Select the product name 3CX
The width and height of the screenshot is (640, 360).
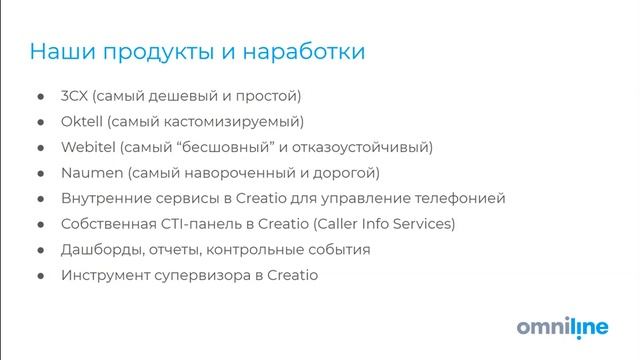click(x=76, y=97)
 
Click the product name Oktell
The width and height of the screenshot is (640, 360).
click(x=82, y=122)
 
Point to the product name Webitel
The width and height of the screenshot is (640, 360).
click(x=88, y=147)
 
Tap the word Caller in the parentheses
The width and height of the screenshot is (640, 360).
click(x=341, y=223)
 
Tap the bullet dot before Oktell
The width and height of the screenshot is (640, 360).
click(x=40, y=122)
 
